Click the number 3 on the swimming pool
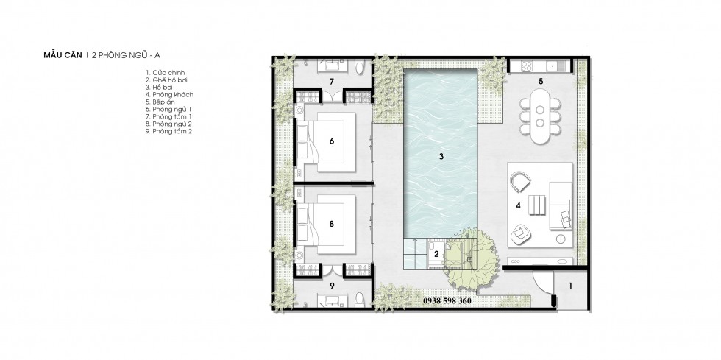(x=441, y=157)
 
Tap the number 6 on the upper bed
(x=332, y=141)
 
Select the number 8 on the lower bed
(x=332, y=225)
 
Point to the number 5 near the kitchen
(x=541, y=82)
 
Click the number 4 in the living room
(x=518, y=206)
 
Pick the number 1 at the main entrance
(x=571, y=286)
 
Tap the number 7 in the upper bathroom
(x=332, y=82)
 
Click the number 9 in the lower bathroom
(x=332, y=286)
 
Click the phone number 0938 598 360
(x=447, y=301)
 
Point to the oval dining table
(x=540, y=116)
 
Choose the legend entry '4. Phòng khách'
(x=169, y=95)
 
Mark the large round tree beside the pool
(x=471, y=259)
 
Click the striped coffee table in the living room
(x=536, y=205)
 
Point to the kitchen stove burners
(x=527, y=66)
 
